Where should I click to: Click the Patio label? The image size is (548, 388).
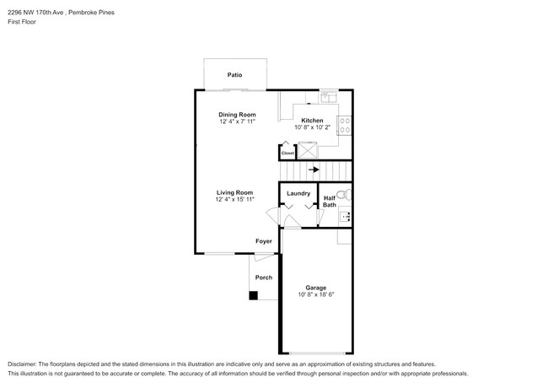(x=235, y=75)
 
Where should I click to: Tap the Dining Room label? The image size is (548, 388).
(x=237, y=115)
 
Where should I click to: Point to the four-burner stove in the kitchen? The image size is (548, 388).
(x=344, y=125)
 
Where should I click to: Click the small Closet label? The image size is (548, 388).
(x=287, y=153)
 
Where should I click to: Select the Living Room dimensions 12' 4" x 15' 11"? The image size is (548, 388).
(x=234, y=200)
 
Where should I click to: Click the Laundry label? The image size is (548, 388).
(x=298, y=193)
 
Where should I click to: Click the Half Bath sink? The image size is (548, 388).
(x=344, y=217)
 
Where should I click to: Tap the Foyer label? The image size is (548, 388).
(x=265, y=241)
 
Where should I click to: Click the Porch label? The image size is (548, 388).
(x=264, y=278)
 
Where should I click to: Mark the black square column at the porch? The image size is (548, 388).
(x=253, y=295)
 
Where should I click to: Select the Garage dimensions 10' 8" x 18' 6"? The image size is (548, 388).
(x=316, y=295)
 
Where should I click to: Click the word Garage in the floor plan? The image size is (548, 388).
(x=316, y=288)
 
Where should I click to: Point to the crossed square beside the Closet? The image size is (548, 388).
(x=305, y=152)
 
